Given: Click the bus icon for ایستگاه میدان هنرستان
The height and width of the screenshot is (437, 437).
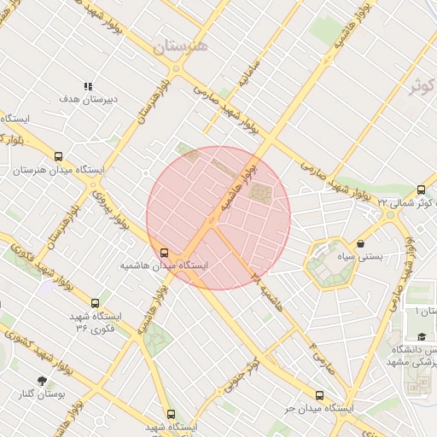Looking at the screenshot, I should click(x=58, y=156).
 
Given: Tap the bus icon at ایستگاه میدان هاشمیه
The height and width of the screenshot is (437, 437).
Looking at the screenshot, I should click(x=164, y=253).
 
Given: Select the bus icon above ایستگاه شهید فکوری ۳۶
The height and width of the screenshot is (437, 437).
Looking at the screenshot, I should click(x=94, y=302).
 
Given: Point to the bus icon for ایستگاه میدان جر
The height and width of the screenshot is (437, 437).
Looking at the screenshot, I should click(x=319, y=395).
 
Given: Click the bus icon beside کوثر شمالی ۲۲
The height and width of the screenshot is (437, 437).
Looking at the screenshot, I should click(x=421, y=189).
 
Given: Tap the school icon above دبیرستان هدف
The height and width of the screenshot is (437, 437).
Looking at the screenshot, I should click(x=87, y=86).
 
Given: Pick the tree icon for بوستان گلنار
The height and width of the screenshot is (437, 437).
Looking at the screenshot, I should click(x=41, y=381).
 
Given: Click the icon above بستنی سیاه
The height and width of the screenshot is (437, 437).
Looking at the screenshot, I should click(x=361, y=243).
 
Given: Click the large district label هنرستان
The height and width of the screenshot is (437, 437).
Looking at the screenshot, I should click(x=181, y=47).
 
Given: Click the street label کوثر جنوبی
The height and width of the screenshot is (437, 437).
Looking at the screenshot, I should click(x=242, y=377).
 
